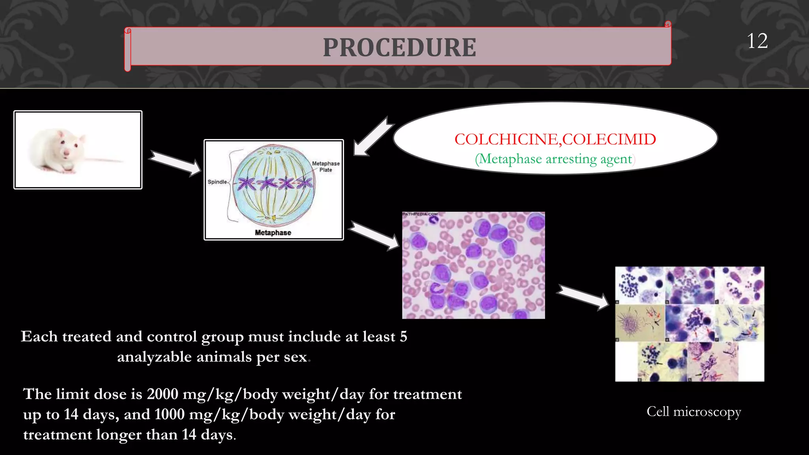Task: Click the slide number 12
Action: pos(757,41)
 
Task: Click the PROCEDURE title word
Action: pos(399,47)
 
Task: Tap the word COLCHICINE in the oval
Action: pos(506,139)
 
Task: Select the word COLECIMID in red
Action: pos(609,139)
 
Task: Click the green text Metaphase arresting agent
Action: pos(555,159)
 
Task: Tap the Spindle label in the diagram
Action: pos(217,182)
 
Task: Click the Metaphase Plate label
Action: pos(325,167)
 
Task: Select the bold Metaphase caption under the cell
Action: pos(273,233)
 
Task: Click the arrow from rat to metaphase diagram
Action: pos(175,163)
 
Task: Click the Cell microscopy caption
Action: pos(694,412)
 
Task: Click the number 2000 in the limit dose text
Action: pos(163,394)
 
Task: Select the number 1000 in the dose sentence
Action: pos(169,414)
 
